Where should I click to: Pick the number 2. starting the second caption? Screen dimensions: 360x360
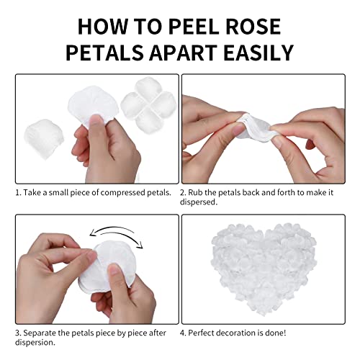click(x=184, y=192)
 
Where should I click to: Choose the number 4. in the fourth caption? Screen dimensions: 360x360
click(x=184, y=333)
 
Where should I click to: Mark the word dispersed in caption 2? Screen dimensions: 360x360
click(x=202, y=202)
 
